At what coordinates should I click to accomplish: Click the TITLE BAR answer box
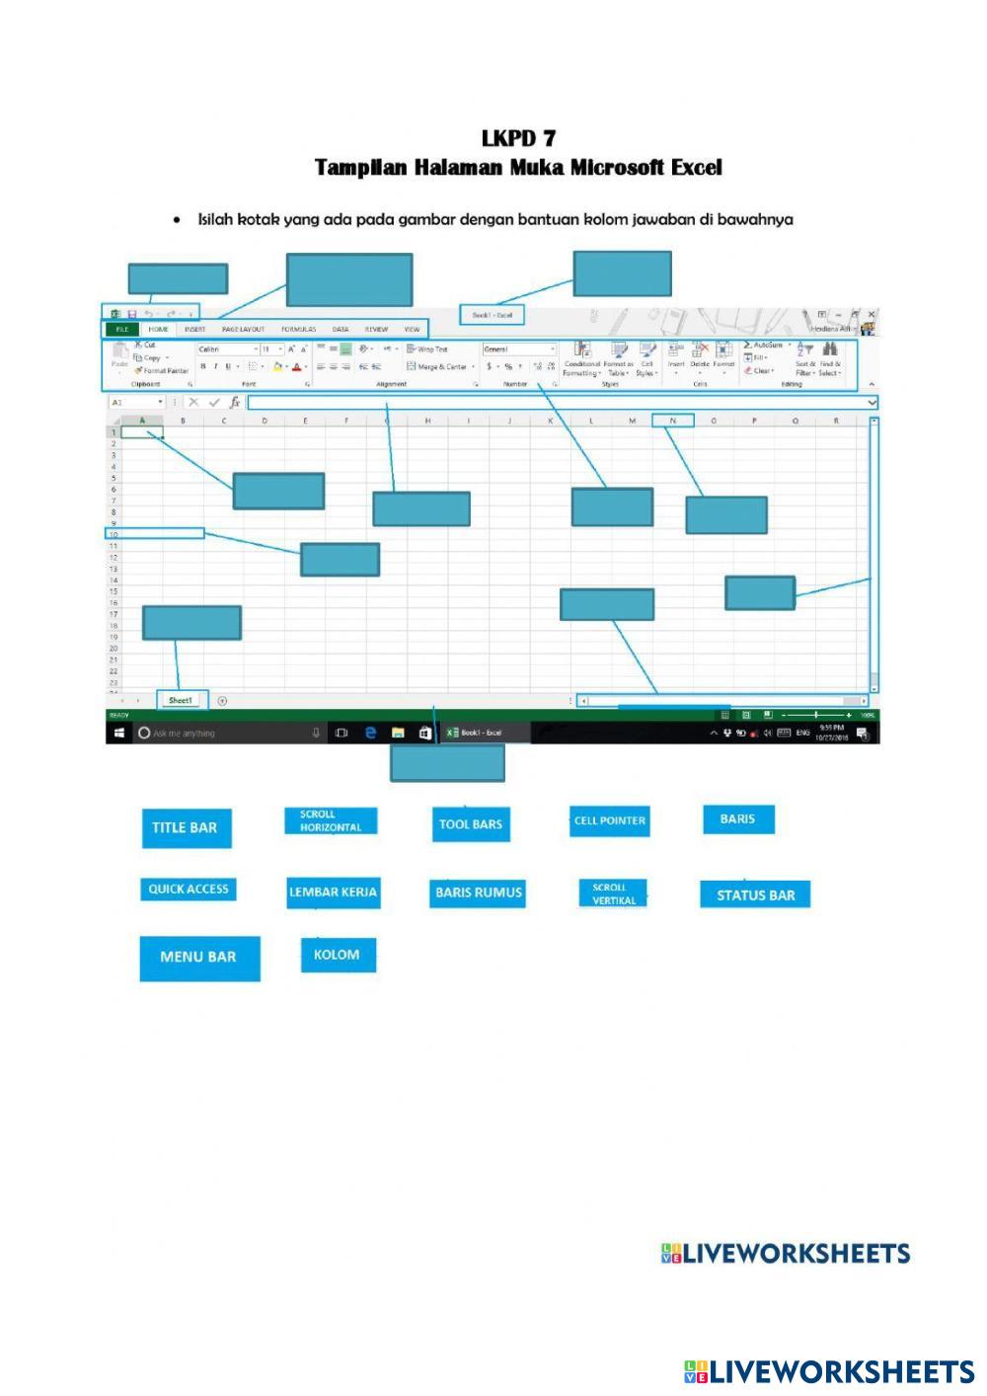coord(186,827)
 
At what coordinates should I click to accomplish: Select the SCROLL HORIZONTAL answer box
coord(331,821)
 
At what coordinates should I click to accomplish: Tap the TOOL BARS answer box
coord(471,824)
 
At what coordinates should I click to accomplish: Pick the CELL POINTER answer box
coord(610,820)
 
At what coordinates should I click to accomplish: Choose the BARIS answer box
coord(738,818)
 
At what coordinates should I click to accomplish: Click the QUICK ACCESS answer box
coord(188,890)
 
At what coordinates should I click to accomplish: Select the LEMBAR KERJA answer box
coord(333,892)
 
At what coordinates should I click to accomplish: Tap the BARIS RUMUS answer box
coord(479,892)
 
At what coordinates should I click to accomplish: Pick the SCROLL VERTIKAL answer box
coord(613,893)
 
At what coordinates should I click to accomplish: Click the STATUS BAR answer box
coord(755,895)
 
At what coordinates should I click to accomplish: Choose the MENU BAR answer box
coord(199,958)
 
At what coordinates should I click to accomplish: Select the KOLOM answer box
coord(338,955)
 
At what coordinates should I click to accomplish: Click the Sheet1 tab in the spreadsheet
coord(181,700)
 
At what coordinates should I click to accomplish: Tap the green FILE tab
coord(122,329)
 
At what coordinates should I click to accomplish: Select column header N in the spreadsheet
coord(673,421)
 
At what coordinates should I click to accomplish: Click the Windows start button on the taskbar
coord(118,733)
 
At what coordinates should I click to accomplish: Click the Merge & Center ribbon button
coord(440,366)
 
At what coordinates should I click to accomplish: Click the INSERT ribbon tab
coord(194,329)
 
